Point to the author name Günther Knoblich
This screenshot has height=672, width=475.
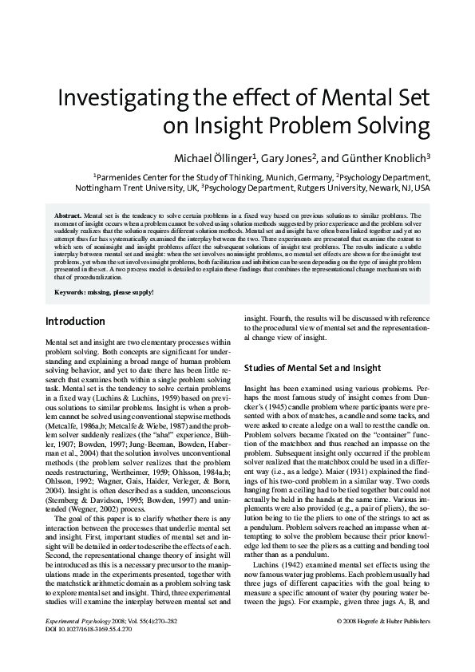point(394,156)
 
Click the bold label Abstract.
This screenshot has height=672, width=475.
point(67,216)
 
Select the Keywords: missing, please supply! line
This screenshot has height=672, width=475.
point(104,292)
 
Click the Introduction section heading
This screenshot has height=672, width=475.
point(75,322)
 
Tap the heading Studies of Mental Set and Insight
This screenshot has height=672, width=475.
point(312,368)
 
